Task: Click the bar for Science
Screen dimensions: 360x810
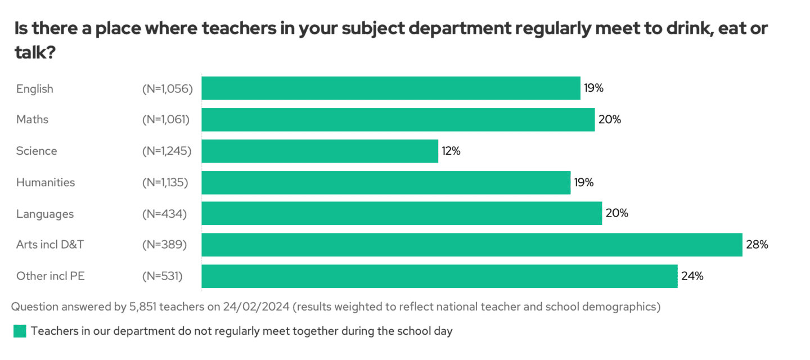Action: click(319, 151)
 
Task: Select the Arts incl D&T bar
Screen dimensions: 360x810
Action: click(471, 245)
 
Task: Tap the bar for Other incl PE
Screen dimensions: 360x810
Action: click(439, 276)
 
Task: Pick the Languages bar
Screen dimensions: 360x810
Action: click(402, 214)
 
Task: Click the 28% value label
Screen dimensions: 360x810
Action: click(757, 245)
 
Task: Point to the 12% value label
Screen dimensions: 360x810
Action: click(451, 151)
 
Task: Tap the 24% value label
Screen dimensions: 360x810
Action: click(692, 276)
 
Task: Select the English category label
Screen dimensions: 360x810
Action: click(35, 88)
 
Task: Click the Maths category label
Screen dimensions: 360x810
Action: click(32, 119)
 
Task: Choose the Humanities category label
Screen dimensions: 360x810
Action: click(46, 182)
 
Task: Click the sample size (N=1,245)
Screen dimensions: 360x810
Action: click(167, 151)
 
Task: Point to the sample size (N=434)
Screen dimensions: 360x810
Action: click(164, 214)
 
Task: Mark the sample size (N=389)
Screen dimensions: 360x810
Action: click(164, 245)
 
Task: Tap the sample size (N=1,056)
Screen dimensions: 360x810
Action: click(168, 88)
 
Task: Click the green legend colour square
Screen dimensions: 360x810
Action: click(20, 331)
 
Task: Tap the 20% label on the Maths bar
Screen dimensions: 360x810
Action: click(610, 119)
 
